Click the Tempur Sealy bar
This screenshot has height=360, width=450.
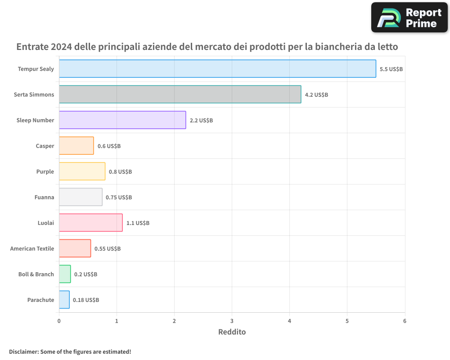[x=217, y=69]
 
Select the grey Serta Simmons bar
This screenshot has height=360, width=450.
[x=180, y=94]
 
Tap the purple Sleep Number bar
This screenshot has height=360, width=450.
[x=122, y=120]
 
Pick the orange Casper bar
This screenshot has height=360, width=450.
[x=76, y=146]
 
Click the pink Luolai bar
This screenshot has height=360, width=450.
[x=90, y=223]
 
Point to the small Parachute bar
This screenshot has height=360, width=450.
[x=64, y=300]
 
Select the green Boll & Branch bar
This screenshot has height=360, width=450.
[x=65, y=274]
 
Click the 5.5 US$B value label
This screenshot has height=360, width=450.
[x=391, y=69]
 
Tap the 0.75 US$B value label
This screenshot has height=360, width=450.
[x=119, y=197]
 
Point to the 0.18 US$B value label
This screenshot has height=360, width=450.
[x=86, y=300]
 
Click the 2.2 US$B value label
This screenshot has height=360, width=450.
[x=201, y=121]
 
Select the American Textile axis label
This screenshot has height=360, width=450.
[x=32, y=248]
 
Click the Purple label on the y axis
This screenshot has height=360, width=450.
[x=45, y=171]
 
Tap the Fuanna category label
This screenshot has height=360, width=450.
[x=44, y=197]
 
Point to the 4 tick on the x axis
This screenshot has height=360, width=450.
[x=289, y=321]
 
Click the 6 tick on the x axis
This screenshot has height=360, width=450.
[x=405, y=321]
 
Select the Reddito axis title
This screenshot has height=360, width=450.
[x=232, y=332]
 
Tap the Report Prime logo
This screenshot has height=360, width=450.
[x=409, y=18]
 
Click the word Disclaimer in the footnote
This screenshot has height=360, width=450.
[x=23, y=351]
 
